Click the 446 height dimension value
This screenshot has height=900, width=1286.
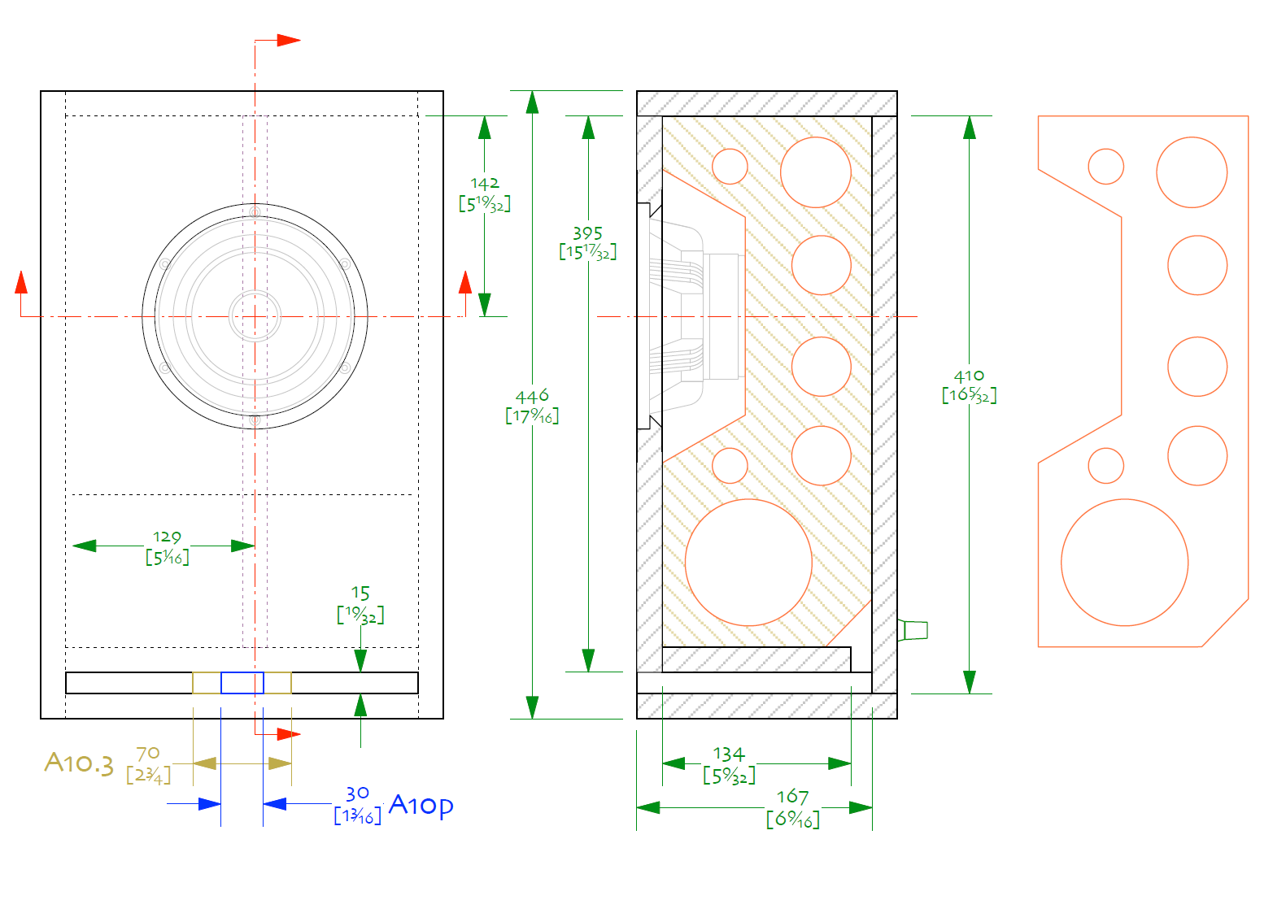(532, 395)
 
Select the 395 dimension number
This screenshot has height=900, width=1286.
(587, 233)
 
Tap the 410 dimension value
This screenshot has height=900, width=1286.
(969, 376)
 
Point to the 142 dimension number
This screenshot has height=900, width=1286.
(485, 184)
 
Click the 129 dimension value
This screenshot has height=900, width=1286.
(167, 537)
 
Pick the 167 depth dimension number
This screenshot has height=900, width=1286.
(793, 797)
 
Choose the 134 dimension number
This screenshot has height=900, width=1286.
(729, 754)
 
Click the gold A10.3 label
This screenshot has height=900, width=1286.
(79, 763)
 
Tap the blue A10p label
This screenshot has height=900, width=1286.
(421, 805)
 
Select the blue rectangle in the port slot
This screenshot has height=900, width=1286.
(242, 683)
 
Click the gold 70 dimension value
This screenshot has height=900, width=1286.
(147, 753)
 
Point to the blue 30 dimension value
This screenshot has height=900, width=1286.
(357, 793)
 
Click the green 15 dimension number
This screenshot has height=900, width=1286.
(360, 593)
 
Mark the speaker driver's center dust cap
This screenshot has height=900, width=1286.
(255, 316)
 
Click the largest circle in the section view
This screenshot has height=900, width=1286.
(748, 563)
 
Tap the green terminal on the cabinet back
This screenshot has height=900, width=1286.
(913, 630)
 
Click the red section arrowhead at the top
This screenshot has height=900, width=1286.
(289, 40)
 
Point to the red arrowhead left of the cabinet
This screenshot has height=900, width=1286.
(21, 282)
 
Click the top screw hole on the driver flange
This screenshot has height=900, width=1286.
(255, 212)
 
